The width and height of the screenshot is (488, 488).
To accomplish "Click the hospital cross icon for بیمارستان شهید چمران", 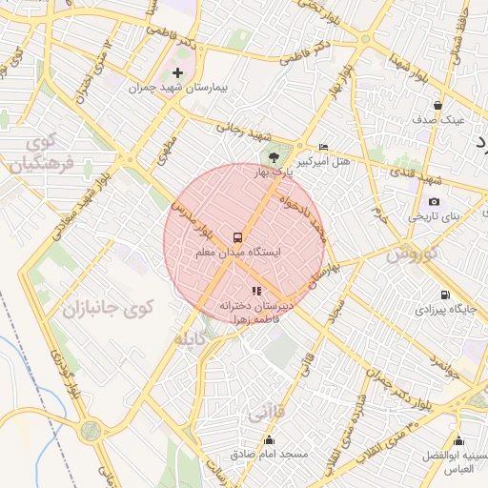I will (177, 72).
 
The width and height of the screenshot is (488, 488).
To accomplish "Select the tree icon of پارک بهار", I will (274, 156).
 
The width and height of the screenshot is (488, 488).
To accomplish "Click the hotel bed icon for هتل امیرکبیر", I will (324, 147).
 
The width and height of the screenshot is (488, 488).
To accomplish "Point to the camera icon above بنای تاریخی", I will (435, 201).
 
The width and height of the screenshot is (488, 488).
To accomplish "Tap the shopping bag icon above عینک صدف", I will (437, 105).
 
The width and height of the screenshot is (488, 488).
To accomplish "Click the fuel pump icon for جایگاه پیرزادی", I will (445, 295).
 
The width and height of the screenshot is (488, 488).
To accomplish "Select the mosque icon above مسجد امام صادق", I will (270, 439).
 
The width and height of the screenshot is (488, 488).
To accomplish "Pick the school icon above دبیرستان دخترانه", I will (255, 291).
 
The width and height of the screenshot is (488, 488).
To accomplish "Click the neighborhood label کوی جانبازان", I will (108, 308).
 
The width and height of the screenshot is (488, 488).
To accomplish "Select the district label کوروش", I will (412, 254).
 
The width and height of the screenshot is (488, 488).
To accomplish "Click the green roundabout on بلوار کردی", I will (91, 431).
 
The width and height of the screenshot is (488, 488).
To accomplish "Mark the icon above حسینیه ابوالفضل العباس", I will (460, 440).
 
